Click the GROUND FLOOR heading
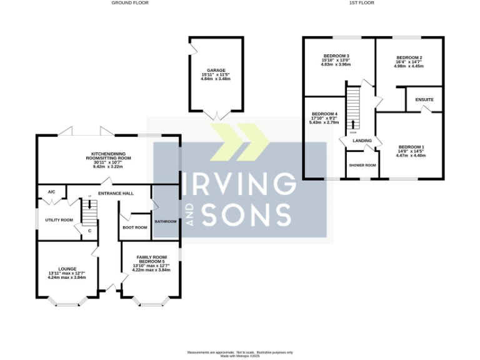point(130,2)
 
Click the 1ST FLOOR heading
point(362,2)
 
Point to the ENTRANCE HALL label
point(116,193)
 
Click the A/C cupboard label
point(52,192)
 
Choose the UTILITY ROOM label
point(59,220)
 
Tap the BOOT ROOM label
point(135,227)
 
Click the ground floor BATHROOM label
point(166,221)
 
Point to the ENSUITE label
point(424,100)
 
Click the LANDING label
point(362,141)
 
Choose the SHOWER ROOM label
point(362,165)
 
